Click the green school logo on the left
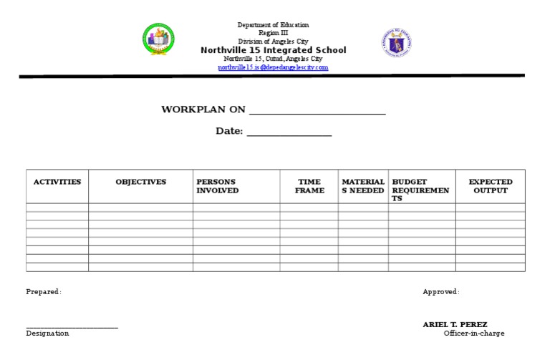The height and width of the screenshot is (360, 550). coord(158,39)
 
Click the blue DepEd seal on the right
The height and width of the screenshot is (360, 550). coord(397,43)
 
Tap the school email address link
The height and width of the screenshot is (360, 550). coord(273,67)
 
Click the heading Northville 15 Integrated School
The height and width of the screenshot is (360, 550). coord(273,50)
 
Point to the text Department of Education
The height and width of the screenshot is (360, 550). coord(273,25)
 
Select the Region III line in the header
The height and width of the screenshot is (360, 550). coord(273,34)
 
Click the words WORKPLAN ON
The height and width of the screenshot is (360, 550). coord(203,110)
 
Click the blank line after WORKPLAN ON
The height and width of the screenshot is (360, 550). coord(317,112)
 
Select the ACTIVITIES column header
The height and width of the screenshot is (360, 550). coord(57,182)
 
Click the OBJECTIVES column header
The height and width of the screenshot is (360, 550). coord(140,182)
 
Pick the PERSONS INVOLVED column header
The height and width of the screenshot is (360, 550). coord(218,186)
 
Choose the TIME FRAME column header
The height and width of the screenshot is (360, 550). coord(309,186)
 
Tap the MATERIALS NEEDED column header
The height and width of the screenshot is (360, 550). coord(363,186)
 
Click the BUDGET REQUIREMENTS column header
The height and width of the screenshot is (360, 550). coord(420,190)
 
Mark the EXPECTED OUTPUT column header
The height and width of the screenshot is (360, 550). coord(491,186)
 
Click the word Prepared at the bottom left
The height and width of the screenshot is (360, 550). coord(43,292)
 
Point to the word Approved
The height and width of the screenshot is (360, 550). coord(440,292)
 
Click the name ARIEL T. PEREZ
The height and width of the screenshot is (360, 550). coord(455,325)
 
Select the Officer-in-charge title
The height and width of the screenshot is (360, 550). coord(473,334)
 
